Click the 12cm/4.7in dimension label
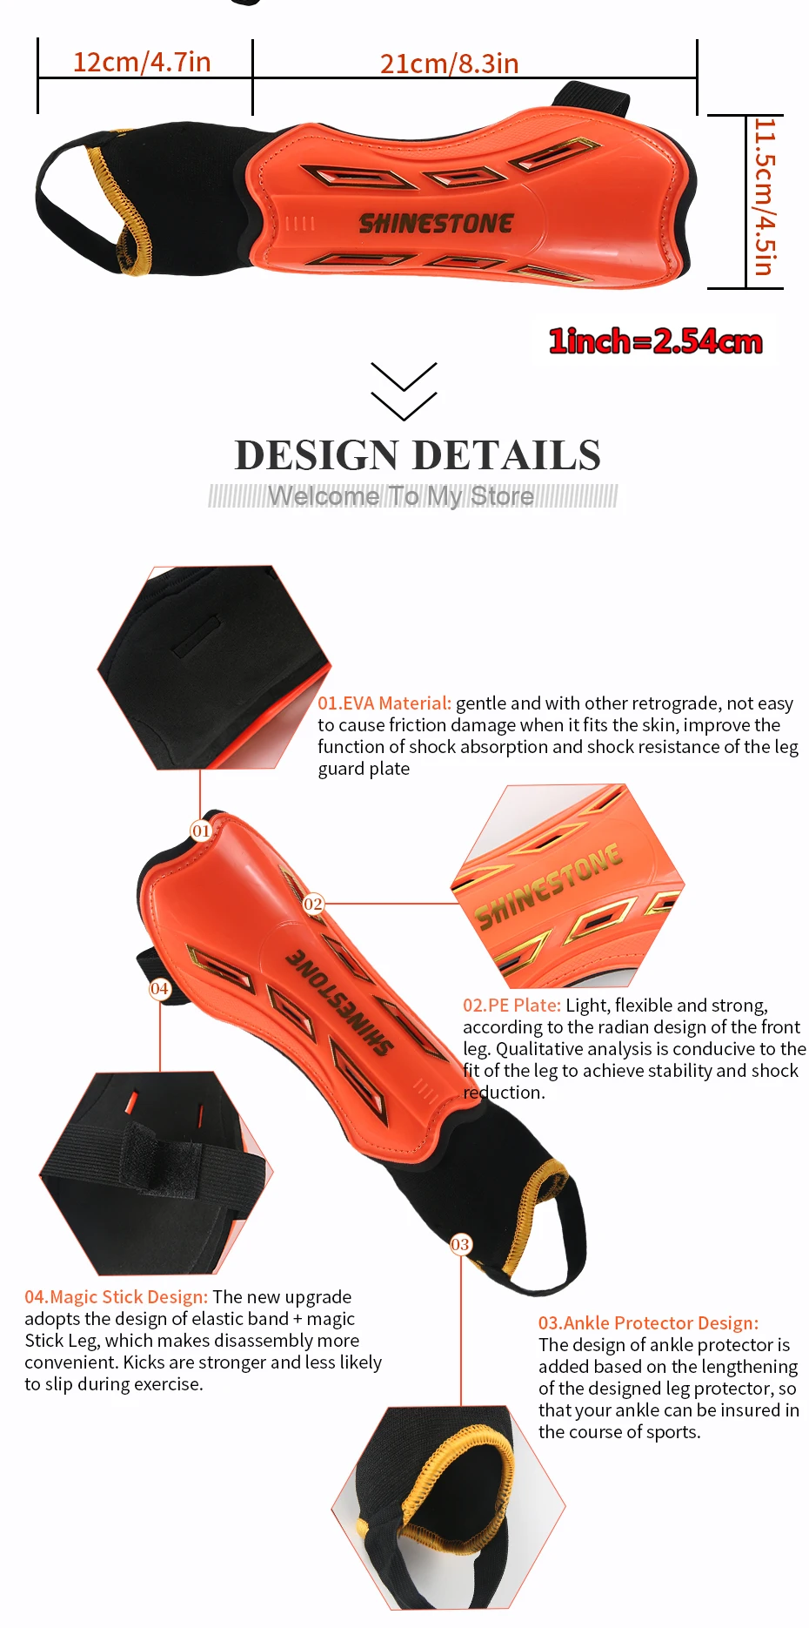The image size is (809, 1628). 142,62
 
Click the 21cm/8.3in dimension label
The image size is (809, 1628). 449,64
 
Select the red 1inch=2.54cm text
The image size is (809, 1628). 655,341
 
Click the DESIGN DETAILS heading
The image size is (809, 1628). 418,455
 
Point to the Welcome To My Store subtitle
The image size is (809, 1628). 401,496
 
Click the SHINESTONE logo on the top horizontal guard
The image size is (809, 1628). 436,224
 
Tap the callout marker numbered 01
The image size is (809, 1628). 201,831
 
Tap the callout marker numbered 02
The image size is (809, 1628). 313,905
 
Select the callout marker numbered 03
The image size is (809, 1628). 460,1244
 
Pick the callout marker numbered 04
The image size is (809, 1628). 159,988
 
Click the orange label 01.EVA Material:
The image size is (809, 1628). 384,703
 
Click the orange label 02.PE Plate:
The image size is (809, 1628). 511,1006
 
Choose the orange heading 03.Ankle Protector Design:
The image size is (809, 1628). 648,1323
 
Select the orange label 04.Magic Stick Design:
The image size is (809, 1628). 116,1297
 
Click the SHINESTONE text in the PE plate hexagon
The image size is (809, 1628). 549,886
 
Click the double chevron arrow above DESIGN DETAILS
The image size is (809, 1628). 404,391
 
